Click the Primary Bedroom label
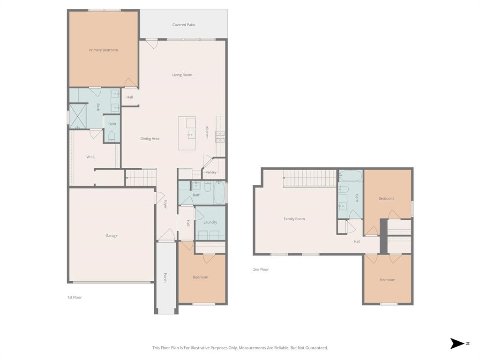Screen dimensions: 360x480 [x=104, y=50]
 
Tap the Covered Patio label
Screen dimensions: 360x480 [x=184, y=25]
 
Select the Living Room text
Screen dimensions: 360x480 [x=182, y=75]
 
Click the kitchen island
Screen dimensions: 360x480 [x=187, y=134]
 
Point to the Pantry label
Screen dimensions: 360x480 [x=211, y=172]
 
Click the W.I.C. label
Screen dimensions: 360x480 [x=91, y=157]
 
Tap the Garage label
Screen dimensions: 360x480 [x=112, y=236]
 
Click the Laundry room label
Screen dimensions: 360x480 [x=210, y=222]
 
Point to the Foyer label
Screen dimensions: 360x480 [x=165, y=204]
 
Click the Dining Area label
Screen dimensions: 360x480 [x=150, y=139]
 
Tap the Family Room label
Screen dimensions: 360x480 [x=294, y=219]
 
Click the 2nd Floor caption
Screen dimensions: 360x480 [x=261, y=270]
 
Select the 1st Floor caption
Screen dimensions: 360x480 [x=74, y=297]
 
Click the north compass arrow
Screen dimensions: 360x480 [x=457, y=344]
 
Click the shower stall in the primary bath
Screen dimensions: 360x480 [x=78, y=117]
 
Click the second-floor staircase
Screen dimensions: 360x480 [x=310, y=178]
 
